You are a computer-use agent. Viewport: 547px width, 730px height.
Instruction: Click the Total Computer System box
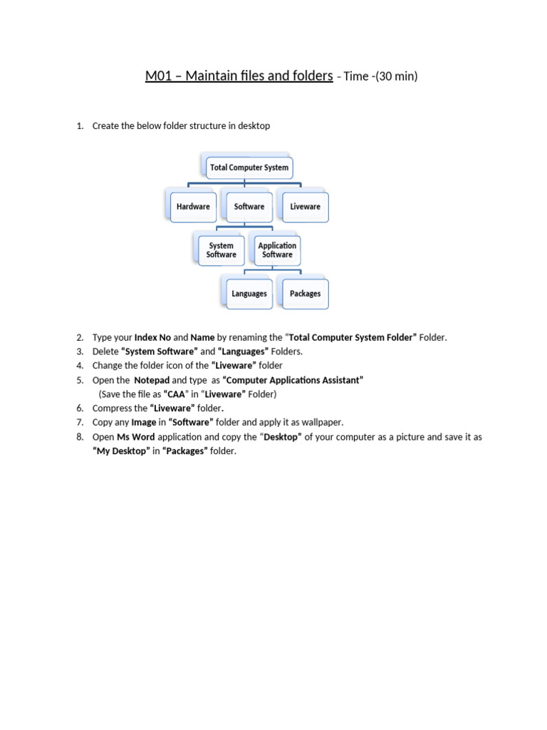click(x=249, y=168)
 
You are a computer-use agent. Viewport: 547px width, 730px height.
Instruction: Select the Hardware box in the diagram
click(x=193, y=207)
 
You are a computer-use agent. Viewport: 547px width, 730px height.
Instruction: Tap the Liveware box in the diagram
click(x=305, y=207)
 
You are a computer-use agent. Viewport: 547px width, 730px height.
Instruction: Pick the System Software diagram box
click(x=221, y=250)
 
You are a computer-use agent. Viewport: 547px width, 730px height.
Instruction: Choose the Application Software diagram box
click(x=277, y=250)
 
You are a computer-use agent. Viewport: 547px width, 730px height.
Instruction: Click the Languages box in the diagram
click(x=249, y=294)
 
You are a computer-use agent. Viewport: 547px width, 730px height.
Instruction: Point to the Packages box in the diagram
click(x=305, y=294)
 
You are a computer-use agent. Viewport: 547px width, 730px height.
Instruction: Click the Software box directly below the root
click(x=249, y=207)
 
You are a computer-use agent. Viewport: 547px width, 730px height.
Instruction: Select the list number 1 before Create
click(x=79, y=126)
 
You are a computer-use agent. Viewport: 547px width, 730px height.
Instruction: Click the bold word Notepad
click(x=152, y=380)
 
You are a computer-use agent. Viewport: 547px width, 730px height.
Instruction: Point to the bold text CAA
click(x=175, y=394)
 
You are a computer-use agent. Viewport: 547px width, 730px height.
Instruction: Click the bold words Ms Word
click(x=135, y=437)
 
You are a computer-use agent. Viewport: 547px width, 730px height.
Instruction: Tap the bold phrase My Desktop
click(x=122, y=451)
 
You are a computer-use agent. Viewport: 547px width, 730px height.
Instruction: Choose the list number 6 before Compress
click(x=79, y=408)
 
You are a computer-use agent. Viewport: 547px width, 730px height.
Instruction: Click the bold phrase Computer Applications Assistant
click(x=293, y=380)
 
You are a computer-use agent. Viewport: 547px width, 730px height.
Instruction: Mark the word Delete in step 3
click(x=105, y=351)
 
